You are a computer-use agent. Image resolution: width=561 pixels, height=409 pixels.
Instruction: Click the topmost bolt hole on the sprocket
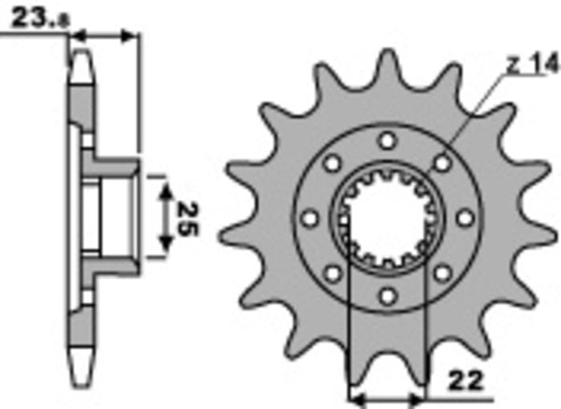[386, 140]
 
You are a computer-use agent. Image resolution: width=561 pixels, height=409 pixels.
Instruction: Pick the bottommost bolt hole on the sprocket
[386, 298]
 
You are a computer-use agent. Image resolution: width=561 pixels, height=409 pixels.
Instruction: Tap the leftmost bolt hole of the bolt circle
[308, 219]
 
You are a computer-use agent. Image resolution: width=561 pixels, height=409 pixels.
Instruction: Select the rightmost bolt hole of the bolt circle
[465, 219]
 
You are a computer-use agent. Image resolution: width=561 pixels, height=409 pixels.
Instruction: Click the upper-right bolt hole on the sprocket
[441, 164]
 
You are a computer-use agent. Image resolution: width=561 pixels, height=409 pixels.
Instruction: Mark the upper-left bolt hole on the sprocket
[330, 164]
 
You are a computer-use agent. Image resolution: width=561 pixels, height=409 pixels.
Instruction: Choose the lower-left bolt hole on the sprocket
[330, 274]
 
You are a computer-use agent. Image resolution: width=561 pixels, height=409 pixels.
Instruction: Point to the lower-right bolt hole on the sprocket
[441, 274]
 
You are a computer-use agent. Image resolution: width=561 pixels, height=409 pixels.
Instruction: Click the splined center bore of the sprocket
[386, 219]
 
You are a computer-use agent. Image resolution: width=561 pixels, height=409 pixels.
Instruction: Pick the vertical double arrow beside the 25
[164, 218]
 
